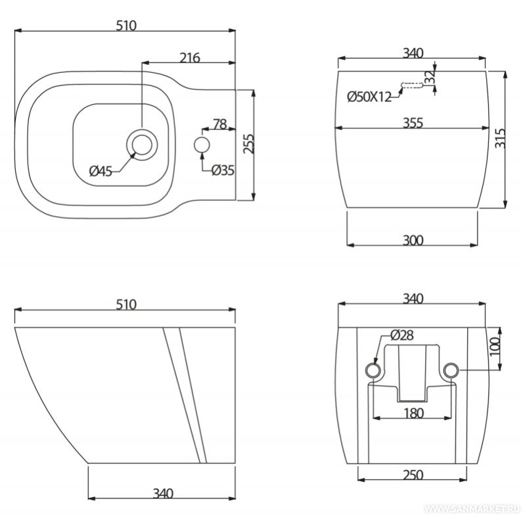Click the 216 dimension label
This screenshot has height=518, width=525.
190,58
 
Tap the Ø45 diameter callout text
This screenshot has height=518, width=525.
101,171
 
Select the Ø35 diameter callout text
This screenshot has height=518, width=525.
223,170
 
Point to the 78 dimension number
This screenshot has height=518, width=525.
220,124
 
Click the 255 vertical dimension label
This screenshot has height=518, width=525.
248,144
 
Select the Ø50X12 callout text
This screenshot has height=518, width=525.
369,97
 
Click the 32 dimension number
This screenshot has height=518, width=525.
429,77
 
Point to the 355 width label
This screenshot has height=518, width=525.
413,123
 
